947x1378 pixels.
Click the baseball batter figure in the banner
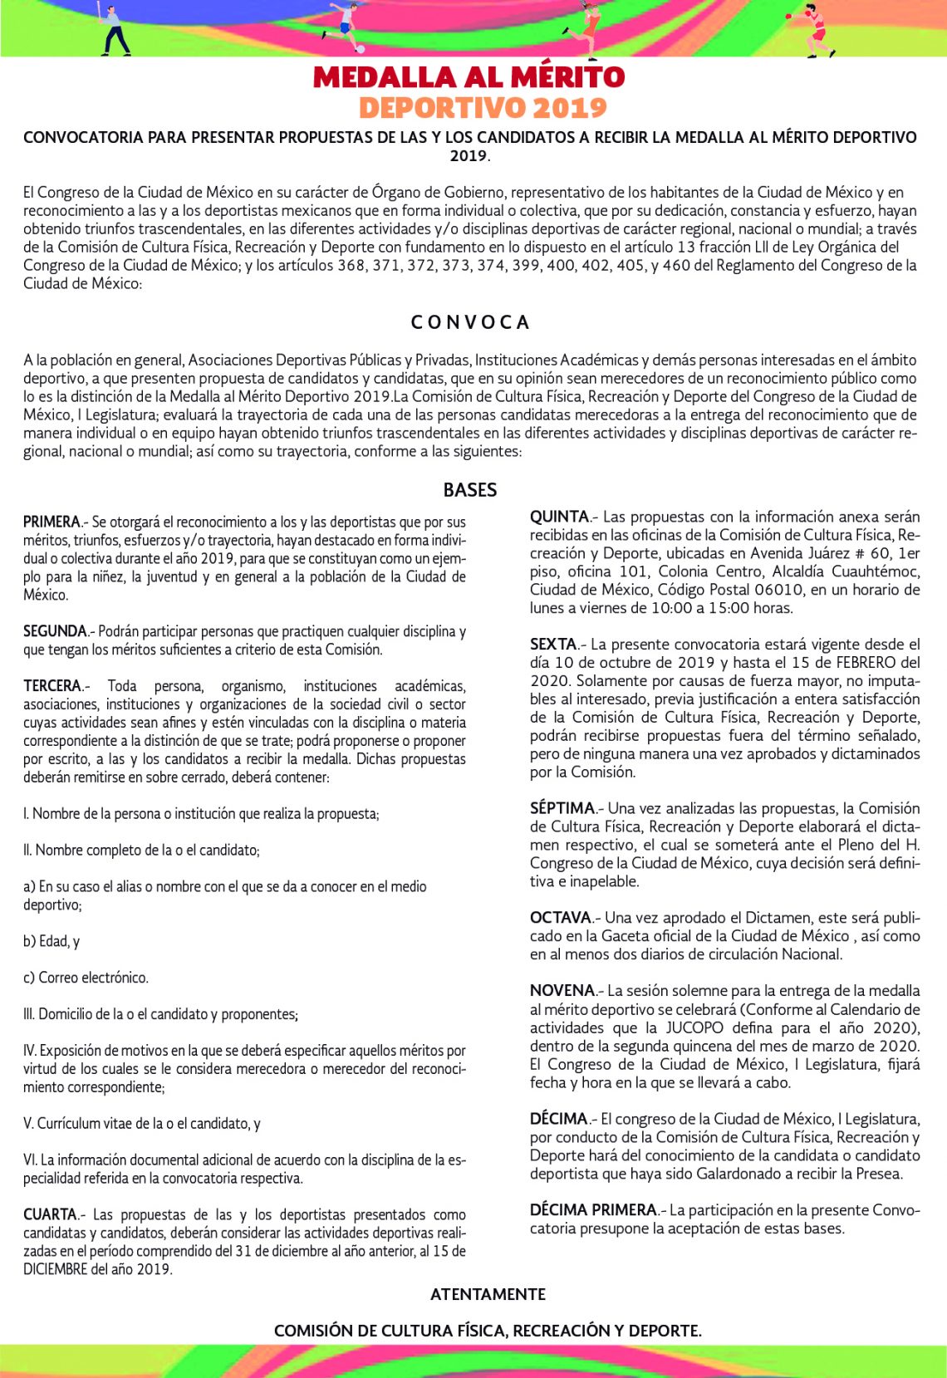(x=111, y=30)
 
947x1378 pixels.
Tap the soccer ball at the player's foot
(x=360, y=49)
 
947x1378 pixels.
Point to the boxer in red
(x=816, y=31)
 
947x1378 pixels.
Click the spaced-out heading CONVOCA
(x=470, y=322)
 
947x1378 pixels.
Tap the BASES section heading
(x=470, y=490)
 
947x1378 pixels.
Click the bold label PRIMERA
(x=52, y=522)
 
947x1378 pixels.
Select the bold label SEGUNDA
(x=55, y=631)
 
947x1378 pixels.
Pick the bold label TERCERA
(x=52, y=686)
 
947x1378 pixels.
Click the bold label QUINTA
(x=559, y=517)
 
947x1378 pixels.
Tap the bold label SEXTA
(x=553, y=644)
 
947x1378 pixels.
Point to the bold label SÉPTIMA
(x=562, y=808)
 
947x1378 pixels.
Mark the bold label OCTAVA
(x=560, y=918)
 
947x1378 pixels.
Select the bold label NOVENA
(x=562, y=991)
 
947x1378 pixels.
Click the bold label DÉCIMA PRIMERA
(x=592, y=1210)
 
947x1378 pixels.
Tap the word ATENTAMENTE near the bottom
(x=488, y=1294)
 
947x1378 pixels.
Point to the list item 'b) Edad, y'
(x=52, y=941)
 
